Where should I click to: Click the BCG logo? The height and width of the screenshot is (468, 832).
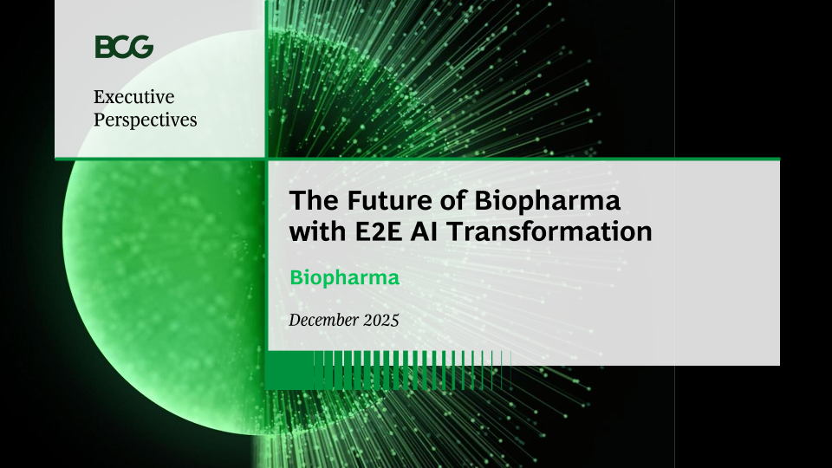tap(124, 47)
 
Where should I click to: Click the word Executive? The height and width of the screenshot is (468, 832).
tap(133, 96)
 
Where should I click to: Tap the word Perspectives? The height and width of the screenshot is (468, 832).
tap(146, 120)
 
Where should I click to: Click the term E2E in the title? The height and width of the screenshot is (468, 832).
tap(379, 231)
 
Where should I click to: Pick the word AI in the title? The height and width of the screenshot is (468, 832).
tap(424, 231)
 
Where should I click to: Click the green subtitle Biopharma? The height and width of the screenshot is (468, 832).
tap(344, 278)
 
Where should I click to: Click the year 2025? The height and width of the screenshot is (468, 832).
tap(381, 320)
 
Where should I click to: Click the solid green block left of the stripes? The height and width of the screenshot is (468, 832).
tap(290, 370)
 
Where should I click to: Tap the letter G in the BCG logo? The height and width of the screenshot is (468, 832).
tap(142, 47)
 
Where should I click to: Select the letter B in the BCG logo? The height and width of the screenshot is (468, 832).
tap(103, 47)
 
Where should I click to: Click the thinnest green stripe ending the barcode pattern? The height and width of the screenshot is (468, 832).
tap(510, 370)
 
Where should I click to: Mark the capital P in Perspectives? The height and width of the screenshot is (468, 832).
tap(99, 119)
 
